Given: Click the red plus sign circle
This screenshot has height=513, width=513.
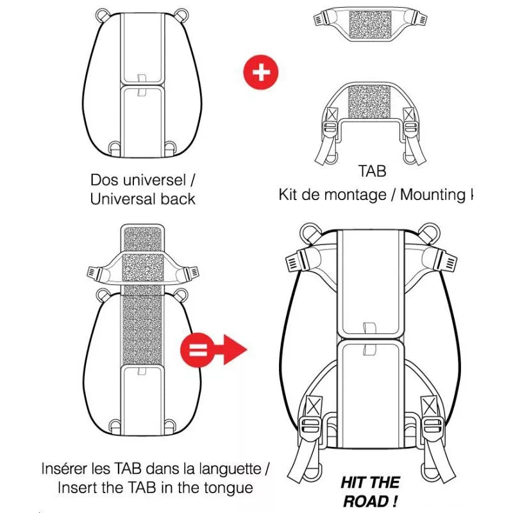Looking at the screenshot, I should coord(260,71).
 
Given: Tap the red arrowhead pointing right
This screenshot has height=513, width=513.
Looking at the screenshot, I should coord(234,350).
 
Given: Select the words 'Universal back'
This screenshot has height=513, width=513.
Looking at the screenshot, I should coord(142,199).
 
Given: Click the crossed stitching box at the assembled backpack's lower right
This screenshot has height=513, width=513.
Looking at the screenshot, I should coord(427,405).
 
